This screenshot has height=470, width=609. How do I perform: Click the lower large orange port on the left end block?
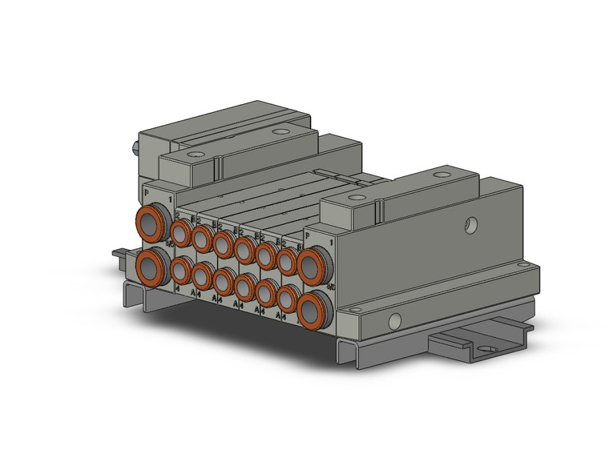click(x=151, y=264)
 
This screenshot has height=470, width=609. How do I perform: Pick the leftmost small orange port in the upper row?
click(x=180, y=232)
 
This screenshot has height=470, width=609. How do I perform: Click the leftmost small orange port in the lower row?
click(x=180, y=271)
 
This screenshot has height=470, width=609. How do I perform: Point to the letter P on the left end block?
click(x=146, y=192)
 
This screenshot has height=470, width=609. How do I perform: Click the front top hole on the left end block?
click(x=195, y=154)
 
